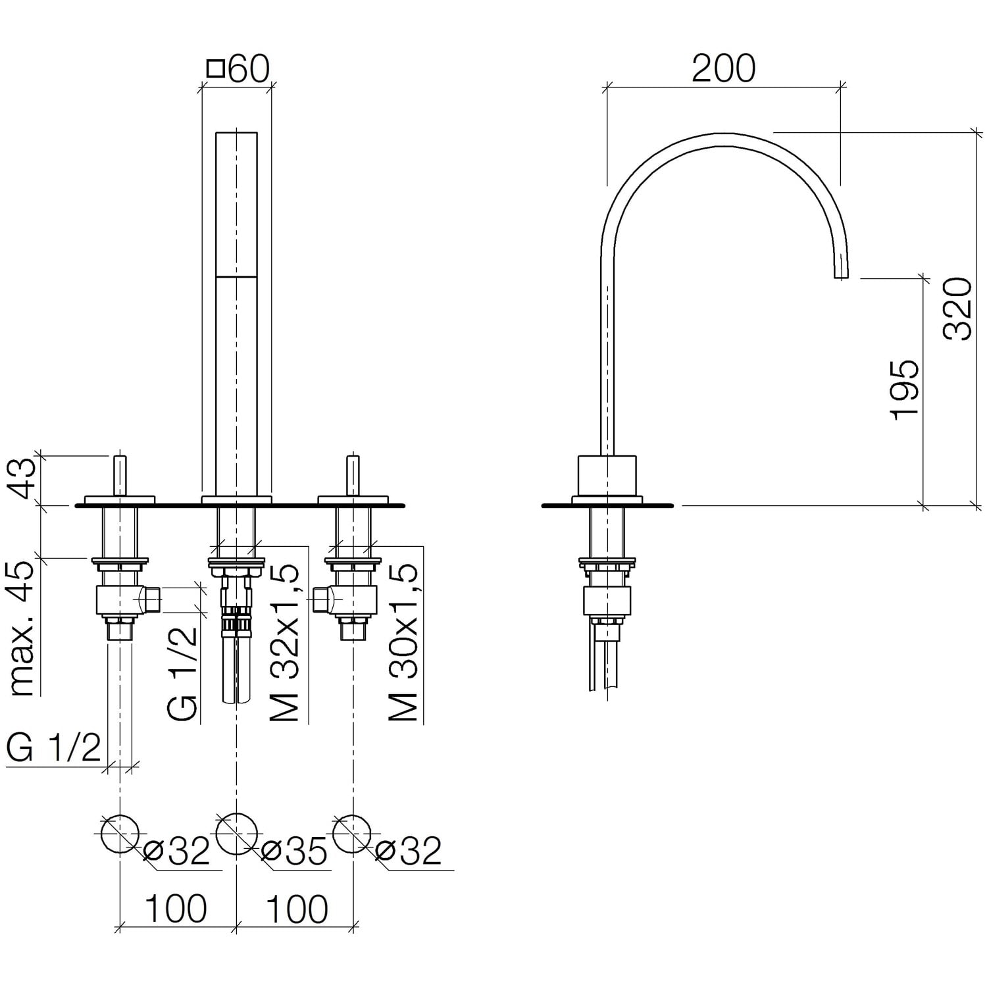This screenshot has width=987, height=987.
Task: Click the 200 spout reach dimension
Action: [x=723, y=68]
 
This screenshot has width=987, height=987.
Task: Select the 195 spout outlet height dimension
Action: [x=904, y=389]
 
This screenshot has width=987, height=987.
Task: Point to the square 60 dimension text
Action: [x=238, y=69]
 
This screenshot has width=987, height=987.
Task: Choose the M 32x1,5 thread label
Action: [x=286, y=642]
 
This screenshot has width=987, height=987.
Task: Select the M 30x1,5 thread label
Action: [x=403, y=642]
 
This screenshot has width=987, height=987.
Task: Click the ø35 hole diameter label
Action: [x=293, y=852]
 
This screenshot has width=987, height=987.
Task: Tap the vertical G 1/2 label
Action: [x=182, y=672]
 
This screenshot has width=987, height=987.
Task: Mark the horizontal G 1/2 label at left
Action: [x=54, y=748]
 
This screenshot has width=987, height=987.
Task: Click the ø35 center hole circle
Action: [x=236, y=834]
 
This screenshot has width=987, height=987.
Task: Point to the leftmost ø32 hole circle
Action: [x=120, y=834]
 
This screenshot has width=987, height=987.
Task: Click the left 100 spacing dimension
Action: [x=176, y=909]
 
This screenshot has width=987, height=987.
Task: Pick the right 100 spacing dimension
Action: [x=296, y=909]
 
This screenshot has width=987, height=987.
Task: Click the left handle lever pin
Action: [x=120, y=474]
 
